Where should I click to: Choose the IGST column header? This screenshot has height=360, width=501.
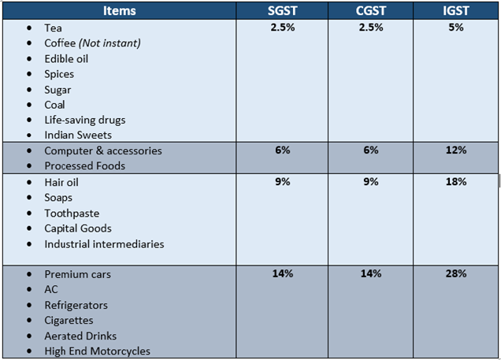456,10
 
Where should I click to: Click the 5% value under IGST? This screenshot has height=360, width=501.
456,28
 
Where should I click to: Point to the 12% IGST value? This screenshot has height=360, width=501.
456,150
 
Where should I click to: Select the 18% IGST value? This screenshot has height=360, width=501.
456,182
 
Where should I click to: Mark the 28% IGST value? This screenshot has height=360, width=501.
456,274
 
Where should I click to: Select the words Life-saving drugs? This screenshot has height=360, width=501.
84,120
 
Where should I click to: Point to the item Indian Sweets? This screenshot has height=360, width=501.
78,135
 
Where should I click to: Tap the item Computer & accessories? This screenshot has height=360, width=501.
102,150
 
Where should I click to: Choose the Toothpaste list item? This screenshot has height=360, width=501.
72,213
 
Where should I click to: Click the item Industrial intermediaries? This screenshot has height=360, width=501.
104,243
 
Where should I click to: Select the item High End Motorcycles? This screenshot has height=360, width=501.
97,351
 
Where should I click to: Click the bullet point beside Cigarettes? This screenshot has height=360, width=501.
29,321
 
